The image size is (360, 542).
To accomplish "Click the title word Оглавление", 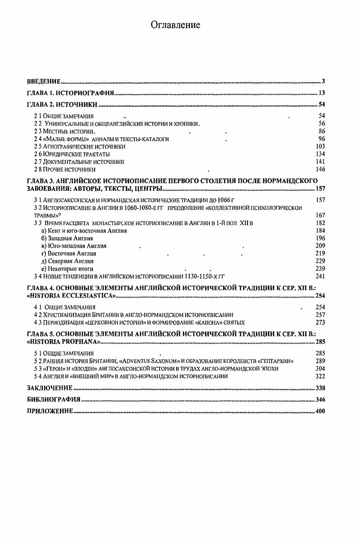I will point(175,25).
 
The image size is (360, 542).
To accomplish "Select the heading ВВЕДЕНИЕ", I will point(44,81).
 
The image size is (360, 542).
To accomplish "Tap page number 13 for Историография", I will point(321,93).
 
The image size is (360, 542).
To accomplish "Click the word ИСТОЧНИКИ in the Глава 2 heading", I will point(78,105).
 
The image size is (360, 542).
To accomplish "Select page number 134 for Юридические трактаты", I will point(320,154).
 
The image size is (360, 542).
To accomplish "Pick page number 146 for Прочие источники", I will point(320,169).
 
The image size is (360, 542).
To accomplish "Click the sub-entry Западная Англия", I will point(67,238).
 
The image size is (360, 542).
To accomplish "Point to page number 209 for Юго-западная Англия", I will point(320,246).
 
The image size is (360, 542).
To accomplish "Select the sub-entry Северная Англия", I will point(67,261).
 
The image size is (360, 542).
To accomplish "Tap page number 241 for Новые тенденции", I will point(320,276).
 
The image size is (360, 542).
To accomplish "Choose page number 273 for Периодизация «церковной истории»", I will point(320,322).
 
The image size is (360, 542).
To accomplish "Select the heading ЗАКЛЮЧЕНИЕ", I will point(50,388).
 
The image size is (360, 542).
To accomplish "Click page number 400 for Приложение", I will point(320,411).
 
